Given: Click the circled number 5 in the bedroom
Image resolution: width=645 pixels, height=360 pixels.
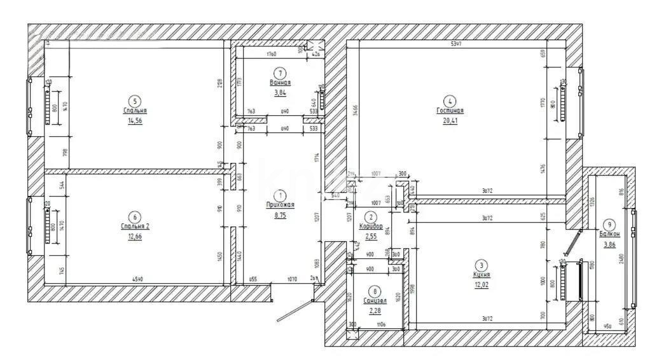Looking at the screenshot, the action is point(134,100).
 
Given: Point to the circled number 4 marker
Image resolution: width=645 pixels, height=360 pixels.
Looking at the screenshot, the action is point(450,100).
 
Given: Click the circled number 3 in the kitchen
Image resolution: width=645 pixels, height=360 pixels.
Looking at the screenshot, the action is point(481,266).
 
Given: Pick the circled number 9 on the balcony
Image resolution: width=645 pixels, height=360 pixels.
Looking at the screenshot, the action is point(609,225).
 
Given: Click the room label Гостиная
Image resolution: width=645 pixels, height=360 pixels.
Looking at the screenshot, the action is point(450,110).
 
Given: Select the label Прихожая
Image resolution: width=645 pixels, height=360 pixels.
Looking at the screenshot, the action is point(280,205).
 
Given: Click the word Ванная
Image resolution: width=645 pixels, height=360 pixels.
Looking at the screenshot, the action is point(280,83).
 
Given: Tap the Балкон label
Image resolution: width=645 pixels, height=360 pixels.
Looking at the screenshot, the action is point(609,233).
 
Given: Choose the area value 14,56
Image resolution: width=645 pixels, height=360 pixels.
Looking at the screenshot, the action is point(134,120).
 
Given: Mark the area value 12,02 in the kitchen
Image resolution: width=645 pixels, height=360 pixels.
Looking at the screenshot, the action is point(481,284).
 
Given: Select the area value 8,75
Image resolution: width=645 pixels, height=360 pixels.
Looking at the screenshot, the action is point(280,215).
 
